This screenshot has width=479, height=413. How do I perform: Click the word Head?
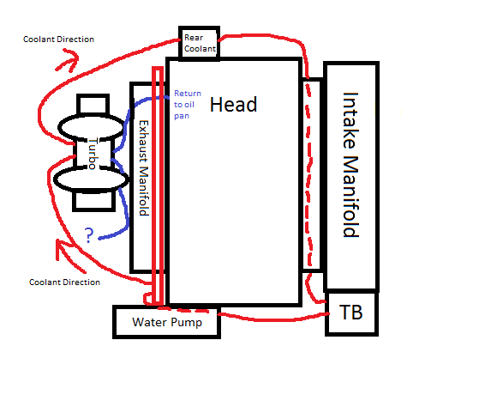point(234,105)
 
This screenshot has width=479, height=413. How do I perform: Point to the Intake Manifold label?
point(350,165)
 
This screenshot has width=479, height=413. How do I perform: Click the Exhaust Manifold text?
point(144,167)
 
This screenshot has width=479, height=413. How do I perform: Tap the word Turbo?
point(93,154)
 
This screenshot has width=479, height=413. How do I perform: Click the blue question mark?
point(88,235)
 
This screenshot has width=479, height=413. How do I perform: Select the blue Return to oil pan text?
point(188,105)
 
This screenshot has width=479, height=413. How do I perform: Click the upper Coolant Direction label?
point(58,39)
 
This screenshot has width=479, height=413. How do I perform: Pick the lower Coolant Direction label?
point(64,282)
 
